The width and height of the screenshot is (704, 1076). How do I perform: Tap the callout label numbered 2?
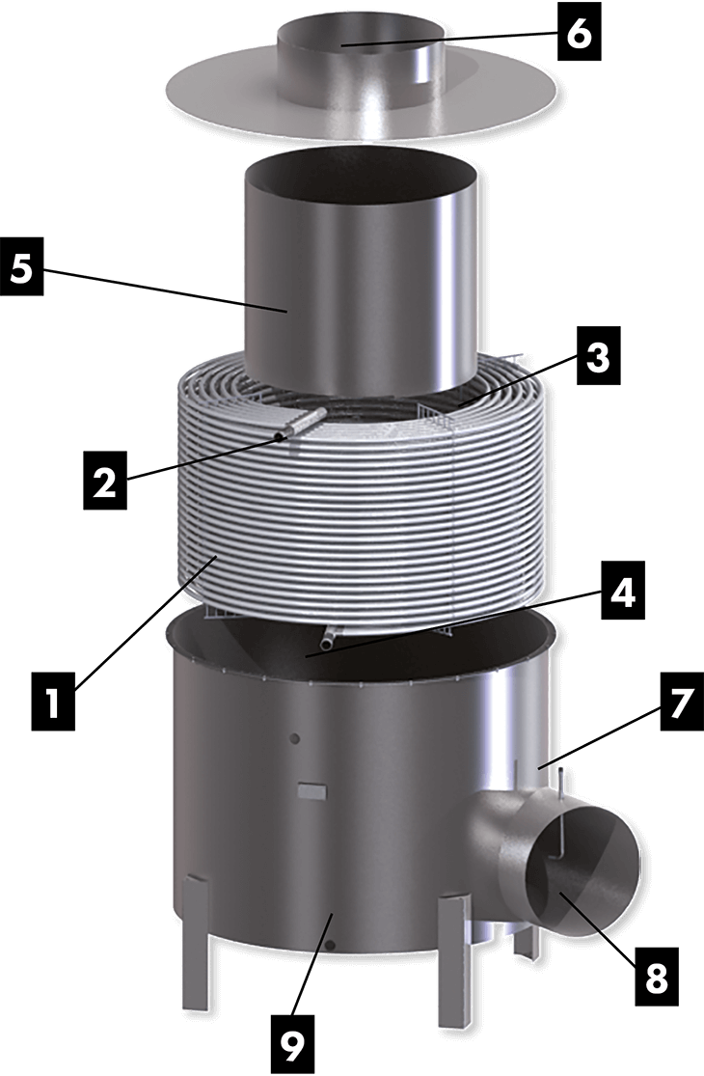pyautogui.click(x=104, y=484)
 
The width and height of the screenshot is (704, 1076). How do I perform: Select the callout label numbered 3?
pyautogui.click(x=598, y=357)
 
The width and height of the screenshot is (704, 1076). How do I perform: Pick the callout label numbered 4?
pyautogui.click(x=622, y=595)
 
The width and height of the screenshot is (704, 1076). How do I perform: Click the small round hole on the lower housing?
pyautogui.click(x=295, y=738)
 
